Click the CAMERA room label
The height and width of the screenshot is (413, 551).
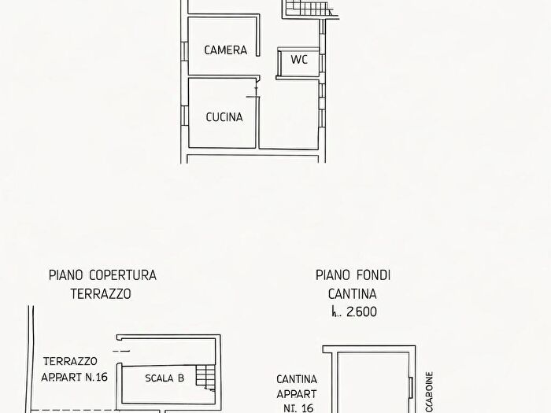(225, 50)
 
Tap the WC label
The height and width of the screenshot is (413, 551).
(299, 60)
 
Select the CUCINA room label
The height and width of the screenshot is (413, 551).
(224, 117)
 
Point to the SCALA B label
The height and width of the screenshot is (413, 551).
(165, 378)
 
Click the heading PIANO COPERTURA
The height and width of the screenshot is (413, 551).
(102, 275)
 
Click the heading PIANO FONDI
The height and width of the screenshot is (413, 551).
(353, 275)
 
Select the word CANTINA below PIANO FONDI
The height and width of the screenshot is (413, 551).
(353, 293)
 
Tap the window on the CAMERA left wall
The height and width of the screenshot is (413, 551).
(184, 50)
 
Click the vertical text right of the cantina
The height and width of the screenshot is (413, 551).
(429, 389)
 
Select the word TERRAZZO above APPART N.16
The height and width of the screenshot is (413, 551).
(71, 360)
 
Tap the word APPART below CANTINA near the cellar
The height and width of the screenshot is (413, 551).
(297, 393)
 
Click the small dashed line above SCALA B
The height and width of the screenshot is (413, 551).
(121, 350)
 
